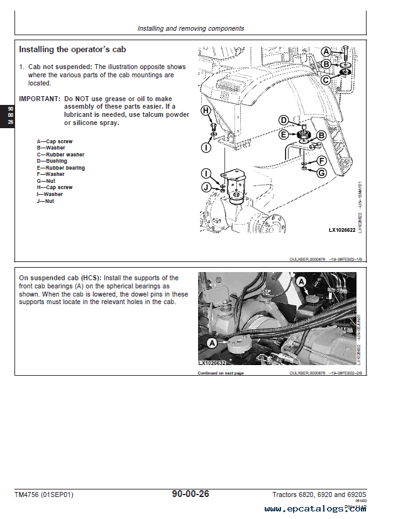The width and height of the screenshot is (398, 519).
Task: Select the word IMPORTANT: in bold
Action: pyautogui.click(x=40, y=99)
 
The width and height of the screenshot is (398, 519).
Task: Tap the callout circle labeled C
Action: pyautogui.click(x=325, y=80)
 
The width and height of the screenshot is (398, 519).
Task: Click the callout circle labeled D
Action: pyautogui.click(x=284, y=120)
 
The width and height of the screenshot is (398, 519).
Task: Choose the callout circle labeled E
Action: pyautogui.click(x=284, y=134)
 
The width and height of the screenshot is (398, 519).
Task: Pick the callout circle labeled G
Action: pyautogui.click(x=321, y=173)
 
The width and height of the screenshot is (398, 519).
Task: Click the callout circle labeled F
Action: pyautogui.click(x=321, y=161)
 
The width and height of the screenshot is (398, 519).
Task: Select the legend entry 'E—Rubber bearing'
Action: pyautogui.click(x=60, y=168)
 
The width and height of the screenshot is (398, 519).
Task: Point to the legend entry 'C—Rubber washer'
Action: pyautogui.click(x=60, y=155)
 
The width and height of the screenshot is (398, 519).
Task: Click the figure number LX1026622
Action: pyautogui.click(x=342, y=230)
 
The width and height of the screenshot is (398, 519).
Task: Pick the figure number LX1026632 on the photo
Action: pyautogui.click(x=212, y=363)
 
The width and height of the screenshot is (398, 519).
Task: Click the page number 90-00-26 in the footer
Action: pyautogui.click(x=191, y=494)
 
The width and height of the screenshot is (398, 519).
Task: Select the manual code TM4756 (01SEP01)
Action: pyautogui.click(x=43, y=495)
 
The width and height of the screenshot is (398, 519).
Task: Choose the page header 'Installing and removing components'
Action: pyautogui.click(x=191, y=28)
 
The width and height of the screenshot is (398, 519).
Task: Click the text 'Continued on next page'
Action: pyautogui.click(x=221, y=373)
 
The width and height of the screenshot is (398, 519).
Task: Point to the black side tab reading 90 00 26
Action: pyautogui.click(x=10, y=116)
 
